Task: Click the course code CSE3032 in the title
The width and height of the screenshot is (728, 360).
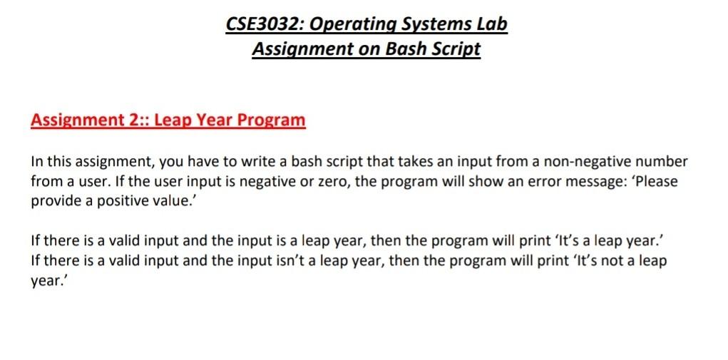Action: point(264,24)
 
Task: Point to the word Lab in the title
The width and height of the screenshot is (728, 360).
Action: point(492,24)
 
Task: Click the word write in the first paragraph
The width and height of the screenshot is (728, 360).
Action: point(262,161)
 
